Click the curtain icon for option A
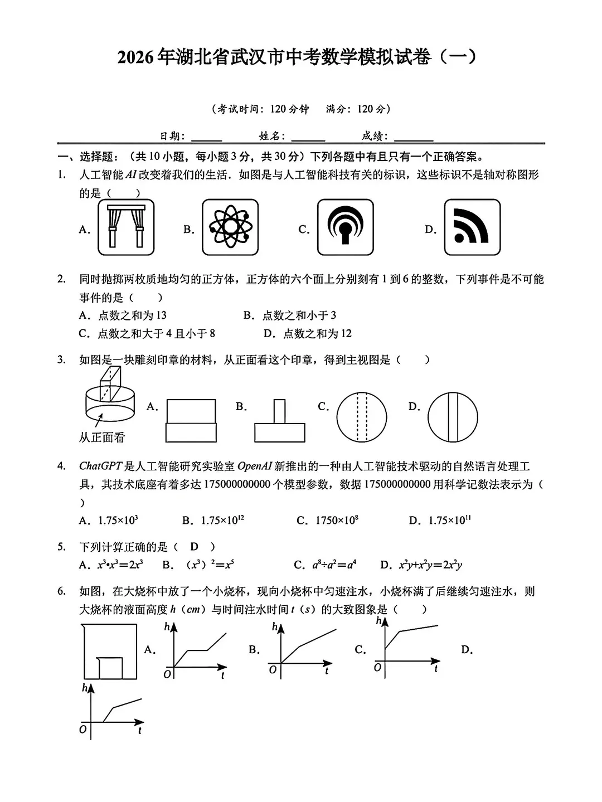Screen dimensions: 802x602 [x=126, y=227]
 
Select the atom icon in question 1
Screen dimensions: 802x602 [x=230, y=227]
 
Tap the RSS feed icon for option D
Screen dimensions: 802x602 [x=472, y=227]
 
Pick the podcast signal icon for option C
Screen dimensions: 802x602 [x=346, y=227]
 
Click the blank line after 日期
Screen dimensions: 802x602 [x=206, y=137]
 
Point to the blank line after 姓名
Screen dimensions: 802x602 [x=308, y=137]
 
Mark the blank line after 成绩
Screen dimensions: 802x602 [x=413, y=137]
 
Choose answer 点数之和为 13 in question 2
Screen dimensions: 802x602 [x=132, y=315]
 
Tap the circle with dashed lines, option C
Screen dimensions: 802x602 [x=361, y=417]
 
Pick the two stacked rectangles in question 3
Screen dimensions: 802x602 [x=191, y=421]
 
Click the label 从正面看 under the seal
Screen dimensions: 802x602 [x=102, y=438]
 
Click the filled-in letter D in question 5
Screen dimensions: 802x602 [x=194, y=547]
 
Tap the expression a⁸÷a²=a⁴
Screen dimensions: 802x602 [x=334, y=565]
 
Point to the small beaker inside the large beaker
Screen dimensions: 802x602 [x=110, y=668]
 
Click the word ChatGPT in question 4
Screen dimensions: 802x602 [x=100, y=466]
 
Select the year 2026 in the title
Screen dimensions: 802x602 [x=135, y=57]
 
